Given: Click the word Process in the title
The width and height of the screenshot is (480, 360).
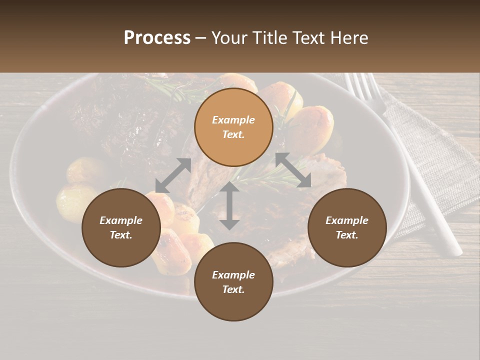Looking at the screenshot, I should pyautogui.click(x=157, y=38).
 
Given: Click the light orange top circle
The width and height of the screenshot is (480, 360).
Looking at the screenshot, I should pyautogui.click(x=233, y=127).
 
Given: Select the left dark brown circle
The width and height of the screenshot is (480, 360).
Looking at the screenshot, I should pyautogui.click(x=121, y=227).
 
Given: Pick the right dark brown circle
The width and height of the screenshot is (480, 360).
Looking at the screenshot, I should pyautogui.click(x=346, y=227).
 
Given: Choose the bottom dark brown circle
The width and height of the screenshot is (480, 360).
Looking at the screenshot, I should pyautogui.click(x=233, y=281).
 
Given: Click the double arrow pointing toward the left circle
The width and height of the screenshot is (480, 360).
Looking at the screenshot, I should pyautogui.click(x=173, y=175).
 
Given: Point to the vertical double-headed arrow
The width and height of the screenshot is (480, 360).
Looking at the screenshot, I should pyautogui.click(x=229, y=206).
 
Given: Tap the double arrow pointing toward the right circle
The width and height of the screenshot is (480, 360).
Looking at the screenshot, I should pyautogui.click(x=293, y=170).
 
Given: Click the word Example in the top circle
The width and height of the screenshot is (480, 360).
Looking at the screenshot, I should pyautogui.click(x=233, y=120).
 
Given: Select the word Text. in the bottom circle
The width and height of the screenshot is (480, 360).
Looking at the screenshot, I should pyautogui.click(x=233, y=289).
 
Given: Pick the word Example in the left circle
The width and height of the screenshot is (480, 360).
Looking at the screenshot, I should pyautogui.click(x=121, y=220).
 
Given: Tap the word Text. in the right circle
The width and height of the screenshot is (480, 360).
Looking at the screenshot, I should pyautogui.click(x=346, y=235).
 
